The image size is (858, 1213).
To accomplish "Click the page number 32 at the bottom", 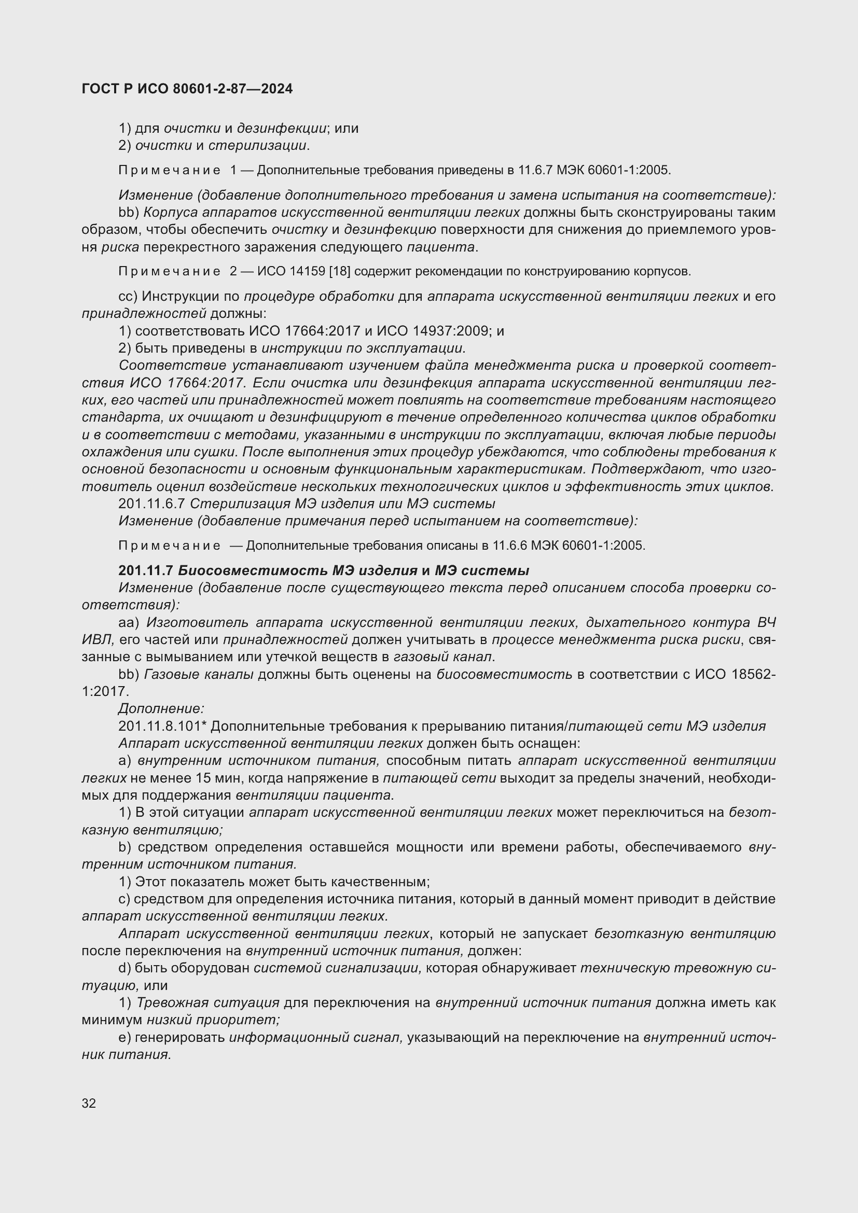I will pos(89,1103).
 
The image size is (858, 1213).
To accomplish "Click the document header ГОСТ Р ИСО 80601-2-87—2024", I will pos(187,89).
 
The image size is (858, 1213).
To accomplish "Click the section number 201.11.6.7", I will pos(151,504).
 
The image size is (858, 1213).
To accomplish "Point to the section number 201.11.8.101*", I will pos(162,727).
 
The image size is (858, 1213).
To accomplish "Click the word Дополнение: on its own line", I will pos(161,709).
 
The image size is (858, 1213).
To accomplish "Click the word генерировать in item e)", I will pos(180,1038).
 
